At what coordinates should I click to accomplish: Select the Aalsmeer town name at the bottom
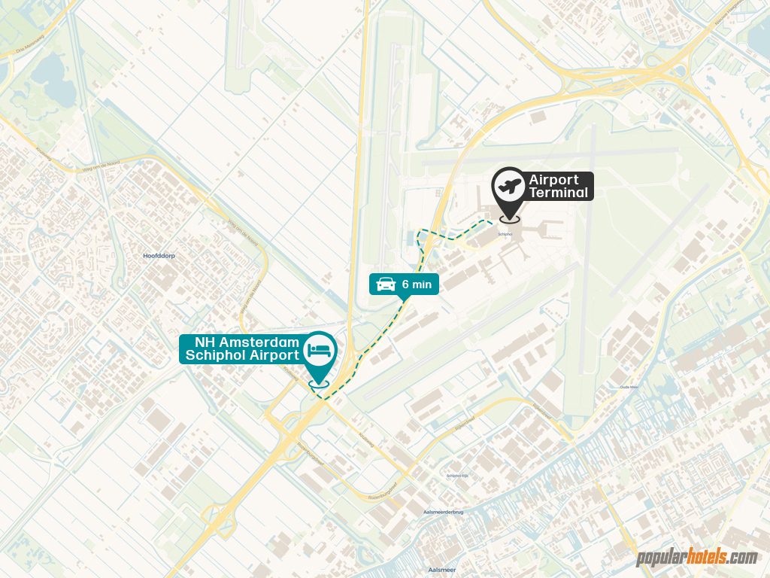(441, 570)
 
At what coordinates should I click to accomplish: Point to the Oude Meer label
(629, 387)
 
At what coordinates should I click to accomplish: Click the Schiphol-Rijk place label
(458, 476)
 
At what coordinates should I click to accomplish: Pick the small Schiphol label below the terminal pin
(505, 233)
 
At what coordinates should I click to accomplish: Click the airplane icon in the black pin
(508, 184)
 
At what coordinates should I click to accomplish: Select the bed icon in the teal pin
(320, 348)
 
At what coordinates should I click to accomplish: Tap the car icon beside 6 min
(386, 284)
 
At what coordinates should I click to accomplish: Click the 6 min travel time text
(417, 284)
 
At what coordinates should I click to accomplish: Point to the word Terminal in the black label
(558, 193)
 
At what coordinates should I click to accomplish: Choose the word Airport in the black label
(553, 180)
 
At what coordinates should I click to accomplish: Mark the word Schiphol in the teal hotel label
(221, 355)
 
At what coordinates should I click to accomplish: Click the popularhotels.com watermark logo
(697, 558)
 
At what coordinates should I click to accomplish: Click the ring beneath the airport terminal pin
(509, 219)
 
